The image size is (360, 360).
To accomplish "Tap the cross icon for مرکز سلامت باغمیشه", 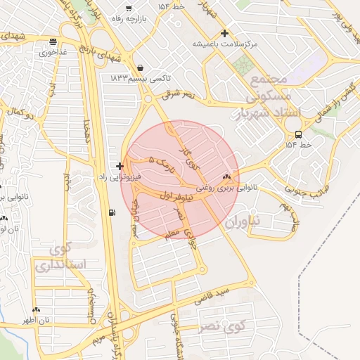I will point(224,33).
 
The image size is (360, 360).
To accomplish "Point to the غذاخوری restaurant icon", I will point(54,41).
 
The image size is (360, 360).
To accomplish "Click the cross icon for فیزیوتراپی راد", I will point(120,167).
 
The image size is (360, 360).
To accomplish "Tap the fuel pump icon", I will point(112,213).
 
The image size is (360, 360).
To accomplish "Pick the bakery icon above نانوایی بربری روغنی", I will point(226,177).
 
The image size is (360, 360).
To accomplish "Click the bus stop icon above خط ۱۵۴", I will point(299,134).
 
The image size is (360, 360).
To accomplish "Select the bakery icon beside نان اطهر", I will point(37,309).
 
